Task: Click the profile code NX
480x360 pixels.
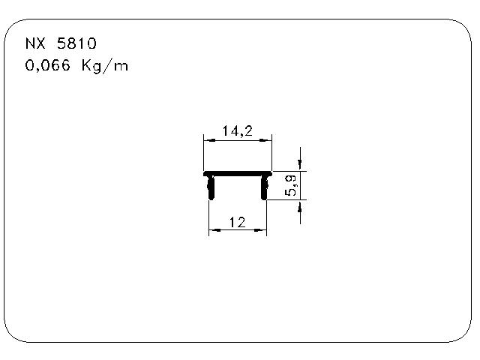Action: point(35,43)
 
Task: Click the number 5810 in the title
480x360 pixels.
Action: point(76,43)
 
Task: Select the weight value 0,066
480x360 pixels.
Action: point(47,65)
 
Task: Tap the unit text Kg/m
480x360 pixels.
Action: point(105,66)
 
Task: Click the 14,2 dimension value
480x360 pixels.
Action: point(238,131)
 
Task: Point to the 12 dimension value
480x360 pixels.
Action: point(238,222)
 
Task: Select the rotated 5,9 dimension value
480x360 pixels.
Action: point(290,185)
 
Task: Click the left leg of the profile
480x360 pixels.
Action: point(211,188)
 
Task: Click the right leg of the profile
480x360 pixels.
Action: point(265,188)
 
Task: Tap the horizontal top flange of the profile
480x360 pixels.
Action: point(238,174)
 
